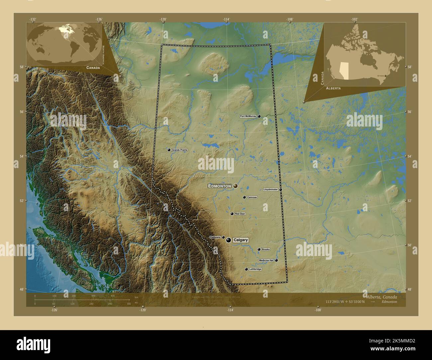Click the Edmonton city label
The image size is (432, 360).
pyautogui.click(x=219, y=186)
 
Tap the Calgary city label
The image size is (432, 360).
pyautogui.click(x=241, y=240)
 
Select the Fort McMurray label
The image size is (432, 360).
pyautogui.click(x=248, y=116)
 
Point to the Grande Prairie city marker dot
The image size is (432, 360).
pyautogui.click(x=169, y=150)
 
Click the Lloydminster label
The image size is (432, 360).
pyautogui.click(x=270, y=190)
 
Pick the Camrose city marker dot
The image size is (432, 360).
pyautogui.click(x=244, y=197)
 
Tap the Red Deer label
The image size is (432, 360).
pyautogui.click(x=240, y=214)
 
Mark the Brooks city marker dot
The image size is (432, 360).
pyautogui.click(x=259, y=249)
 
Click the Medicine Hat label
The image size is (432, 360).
pyautogui.click(x=267, y=260)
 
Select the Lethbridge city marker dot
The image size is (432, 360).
pyautogui.click(x=246, y=269)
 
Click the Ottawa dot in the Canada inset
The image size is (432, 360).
pyautogui.click(x=385, y=76)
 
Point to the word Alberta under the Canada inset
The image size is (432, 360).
pyautogui.click(x=333, y=88)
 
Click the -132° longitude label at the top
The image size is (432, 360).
pyautogui.click(x=33, y=19)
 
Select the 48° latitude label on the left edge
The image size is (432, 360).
pyautogui.click(x=21, y=290)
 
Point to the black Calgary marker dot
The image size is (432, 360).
pyautogui.click(x=229, y=240)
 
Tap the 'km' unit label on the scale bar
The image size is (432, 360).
pyautogui.click(x=136, y=298)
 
